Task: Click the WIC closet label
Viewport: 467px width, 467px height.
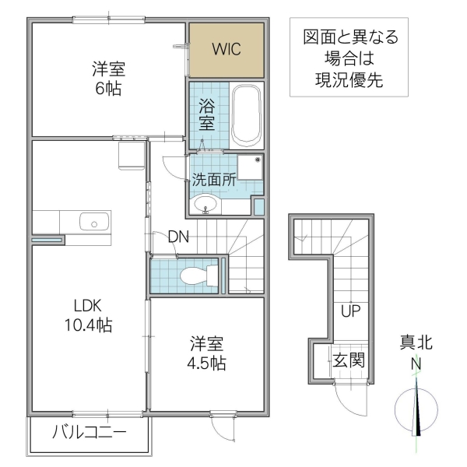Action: click(226, 48)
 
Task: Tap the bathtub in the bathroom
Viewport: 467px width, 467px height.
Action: click(248, 114)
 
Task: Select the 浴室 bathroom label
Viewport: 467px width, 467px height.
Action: click(207, 113)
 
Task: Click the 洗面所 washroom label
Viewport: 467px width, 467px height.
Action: click(214, 178)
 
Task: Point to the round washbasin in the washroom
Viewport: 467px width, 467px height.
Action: click(205, 205)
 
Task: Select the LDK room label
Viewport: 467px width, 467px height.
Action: click(88, 305)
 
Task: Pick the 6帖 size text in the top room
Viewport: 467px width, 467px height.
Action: click(108, 88)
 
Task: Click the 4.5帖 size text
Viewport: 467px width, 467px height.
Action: click(207, 363)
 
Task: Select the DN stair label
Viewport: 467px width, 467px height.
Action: click(178, 237)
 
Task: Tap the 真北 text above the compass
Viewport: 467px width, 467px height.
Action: click(416, 342)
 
